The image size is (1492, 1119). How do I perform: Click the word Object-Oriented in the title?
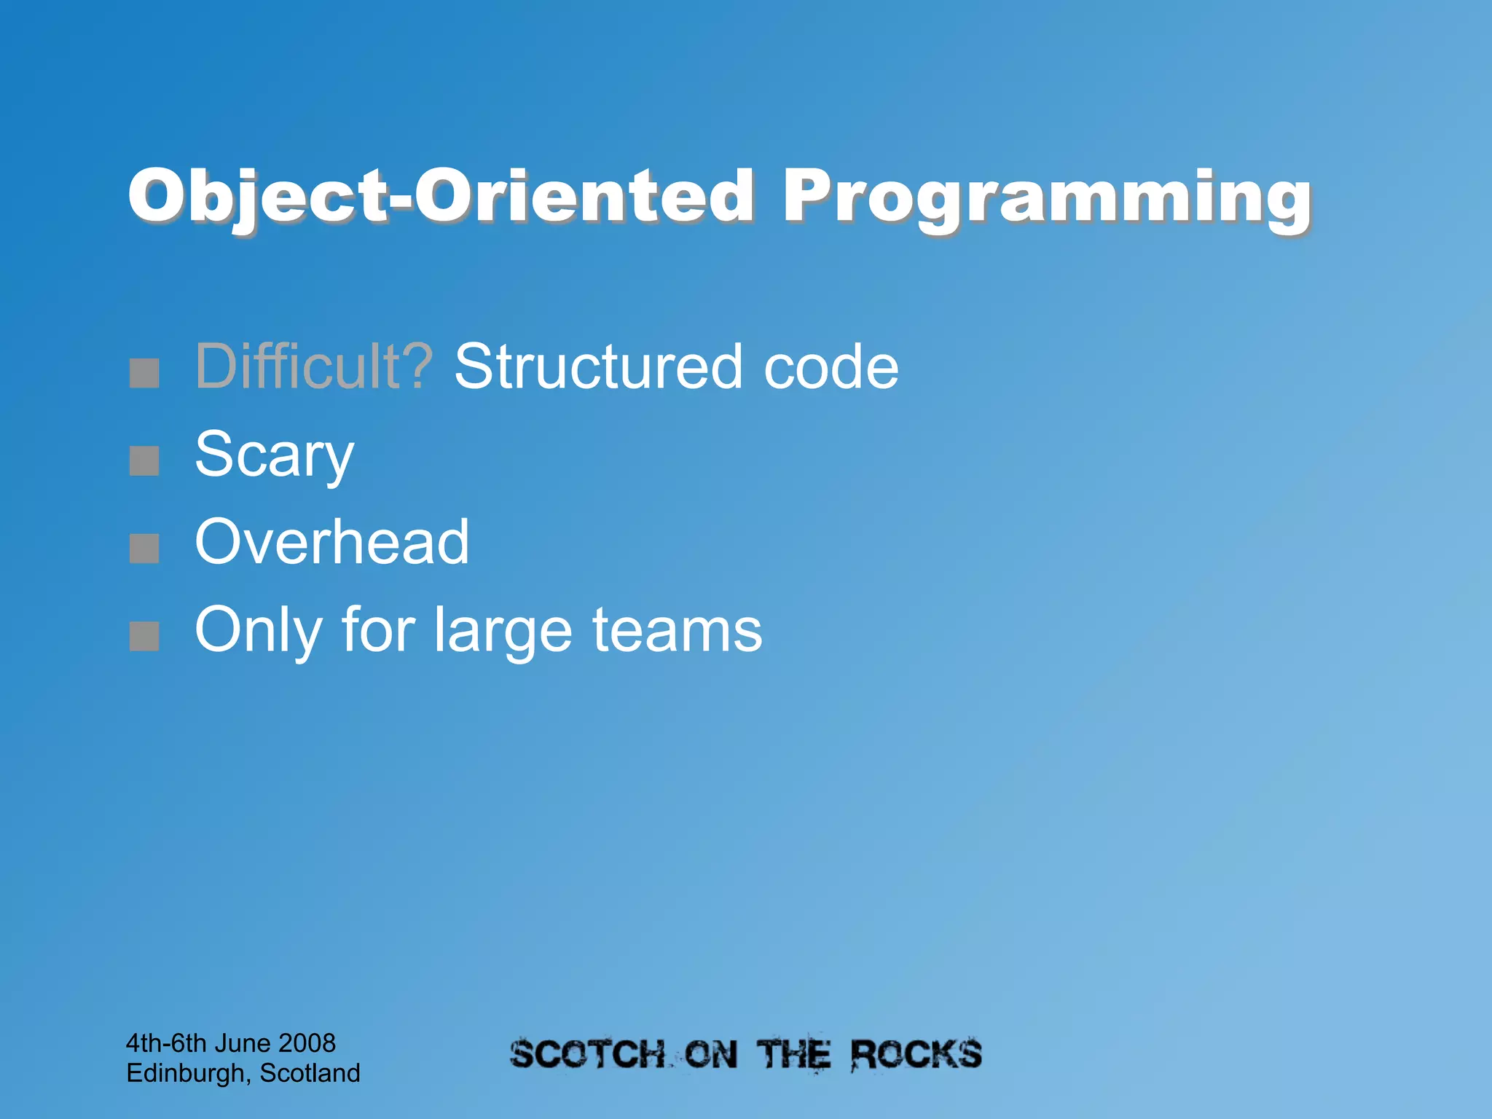click(441, 195)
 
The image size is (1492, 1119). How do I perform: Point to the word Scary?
click(274, 455)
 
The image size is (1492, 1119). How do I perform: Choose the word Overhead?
click(331, 542)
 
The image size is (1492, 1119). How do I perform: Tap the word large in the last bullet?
click(503, 632)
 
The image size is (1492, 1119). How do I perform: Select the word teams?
click(677, 630)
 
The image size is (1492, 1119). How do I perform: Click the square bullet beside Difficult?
click(144, 373)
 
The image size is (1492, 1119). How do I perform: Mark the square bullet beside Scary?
click(144, 461)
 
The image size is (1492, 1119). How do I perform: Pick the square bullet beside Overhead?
click(144, 549)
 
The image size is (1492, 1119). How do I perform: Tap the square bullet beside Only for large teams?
click(144, 636)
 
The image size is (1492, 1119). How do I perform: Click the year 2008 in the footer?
click(307, 1043)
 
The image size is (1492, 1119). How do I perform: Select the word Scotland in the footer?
click(310, 1073)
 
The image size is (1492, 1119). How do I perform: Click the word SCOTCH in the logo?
click(587, 1055)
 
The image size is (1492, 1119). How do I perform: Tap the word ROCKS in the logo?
click(916, 1054)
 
